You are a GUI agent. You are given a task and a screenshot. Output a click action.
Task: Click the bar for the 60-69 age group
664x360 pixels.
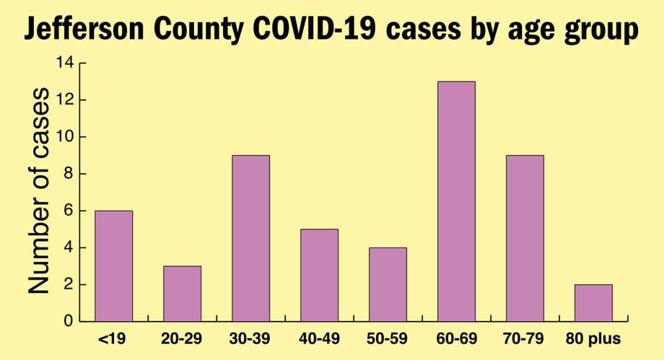[x=456, y=201]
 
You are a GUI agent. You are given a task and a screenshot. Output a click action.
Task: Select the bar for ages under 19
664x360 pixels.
[x=114, y=266]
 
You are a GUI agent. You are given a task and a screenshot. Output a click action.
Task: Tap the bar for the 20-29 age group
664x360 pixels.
[x=182, y=293]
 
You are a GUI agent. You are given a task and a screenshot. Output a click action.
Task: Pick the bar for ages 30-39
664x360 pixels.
[x=251, y=238]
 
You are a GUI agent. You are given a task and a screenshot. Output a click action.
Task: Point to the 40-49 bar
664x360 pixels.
[x=319, y=275]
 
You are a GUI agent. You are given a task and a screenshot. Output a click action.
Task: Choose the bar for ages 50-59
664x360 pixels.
[x=388, y=284]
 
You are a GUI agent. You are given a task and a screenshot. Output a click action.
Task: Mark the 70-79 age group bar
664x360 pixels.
[x=525, y=238]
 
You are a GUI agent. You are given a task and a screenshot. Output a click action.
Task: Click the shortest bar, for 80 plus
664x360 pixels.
[x=593, y=302]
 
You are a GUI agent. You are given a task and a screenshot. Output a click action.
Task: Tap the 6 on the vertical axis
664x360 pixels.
[x=68, y=211]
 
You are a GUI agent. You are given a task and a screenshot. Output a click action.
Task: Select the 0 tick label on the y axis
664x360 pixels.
[x=68, y=322]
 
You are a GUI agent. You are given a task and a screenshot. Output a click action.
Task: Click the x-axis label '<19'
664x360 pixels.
[x=114, y=339]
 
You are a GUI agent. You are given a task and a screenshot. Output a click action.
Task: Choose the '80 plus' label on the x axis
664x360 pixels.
[x=593, y=339]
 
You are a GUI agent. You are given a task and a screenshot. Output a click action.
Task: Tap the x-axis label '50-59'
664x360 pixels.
[x=388, y=339]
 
